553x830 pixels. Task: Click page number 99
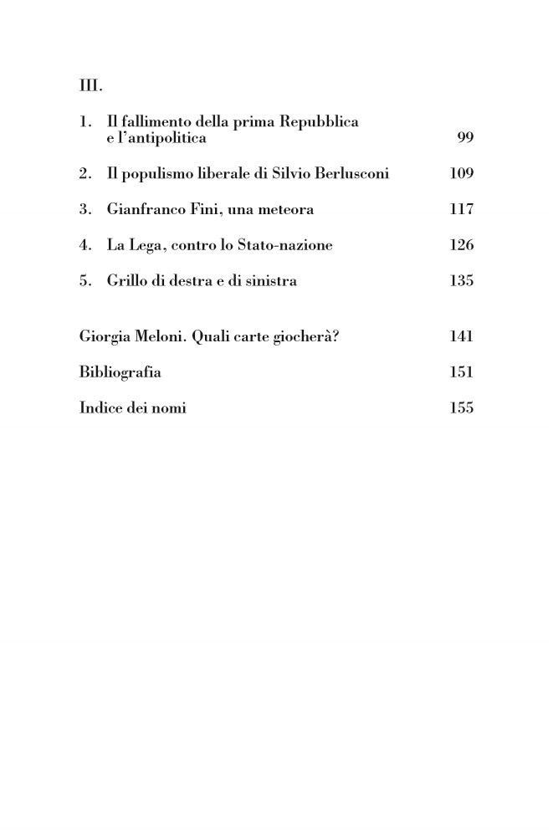point(465,138)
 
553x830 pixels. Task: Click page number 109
point(461,174)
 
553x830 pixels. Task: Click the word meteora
point(284,210)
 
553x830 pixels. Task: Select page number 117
point(461,210)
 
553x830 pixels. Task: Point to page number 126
point(461,245)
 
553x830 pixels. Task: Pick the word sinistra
point(267,281)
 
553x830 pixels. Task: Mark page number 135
point(461,281)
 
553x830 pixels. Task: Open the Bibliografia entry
point(120,372)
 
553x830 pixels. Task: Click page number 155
point(461,408)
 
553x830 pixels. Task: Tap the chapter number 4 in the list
point(84,245)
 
